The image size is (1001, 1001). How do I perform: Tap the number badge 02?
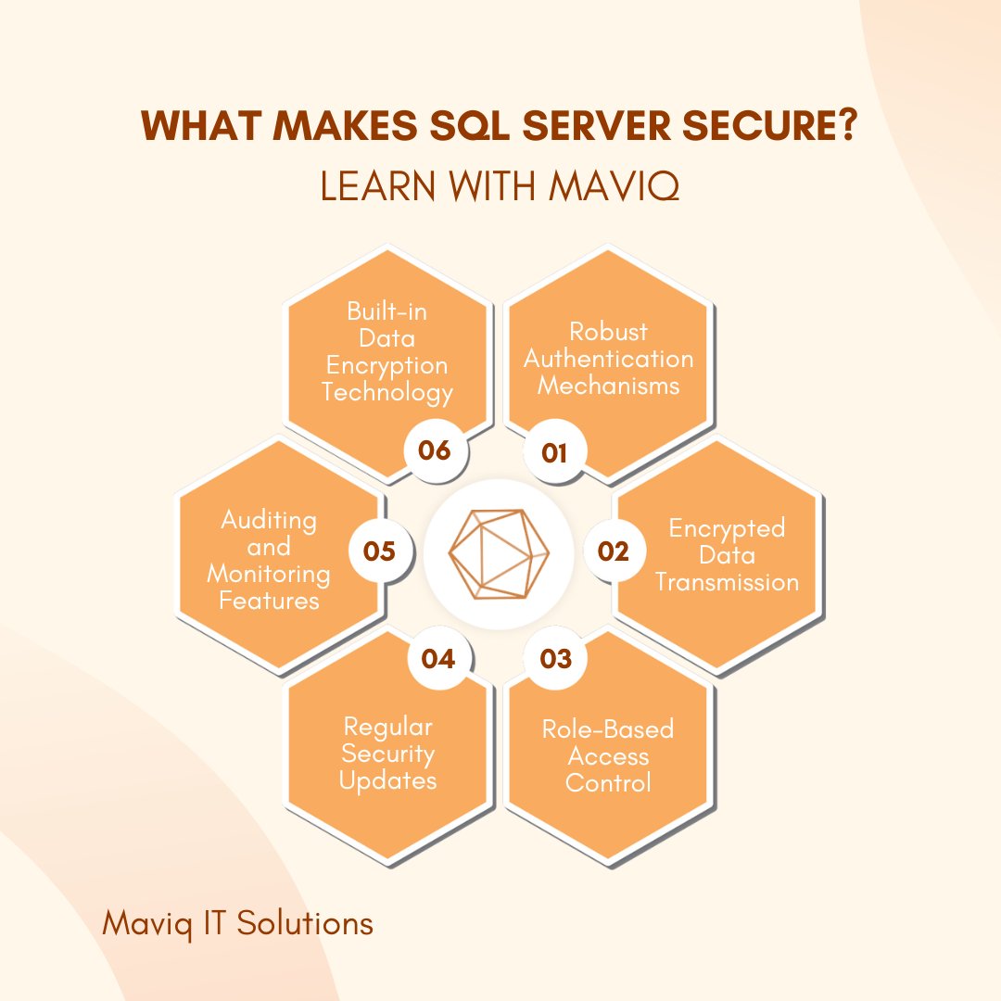(x=614, y=551)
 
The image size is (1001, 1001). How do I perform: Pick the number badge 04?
(x=437, y=658)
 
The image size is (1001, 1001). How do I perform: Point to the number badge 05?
(x=379, y=551)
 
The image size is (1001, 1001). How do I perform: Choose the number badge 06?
(x=434, y=450)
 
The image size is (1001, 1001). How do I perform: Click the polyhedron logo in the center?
(x=499, y=552)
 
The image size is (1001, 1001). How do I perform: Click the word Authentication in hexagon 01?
(x=609, y=358)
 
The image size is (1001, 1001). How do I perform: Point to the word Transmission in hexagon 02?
(x=727, y=582)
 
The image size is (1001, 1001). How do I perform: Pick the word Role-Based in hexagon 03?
(x=608, y=729)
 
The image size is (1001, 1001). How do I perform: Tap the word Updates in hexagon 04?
(x=387, y=780)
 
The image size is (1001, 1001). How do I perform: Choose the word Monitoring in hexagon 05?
(x=268, y=574)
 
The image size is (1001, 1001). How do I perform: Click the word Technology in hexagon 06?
(x=387, y=392)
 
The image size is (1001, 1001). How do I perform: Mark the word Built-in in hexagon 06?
(x=387, y=310)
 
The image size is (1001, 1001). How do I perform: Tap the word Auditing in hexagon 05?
(x=269, y=520)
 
